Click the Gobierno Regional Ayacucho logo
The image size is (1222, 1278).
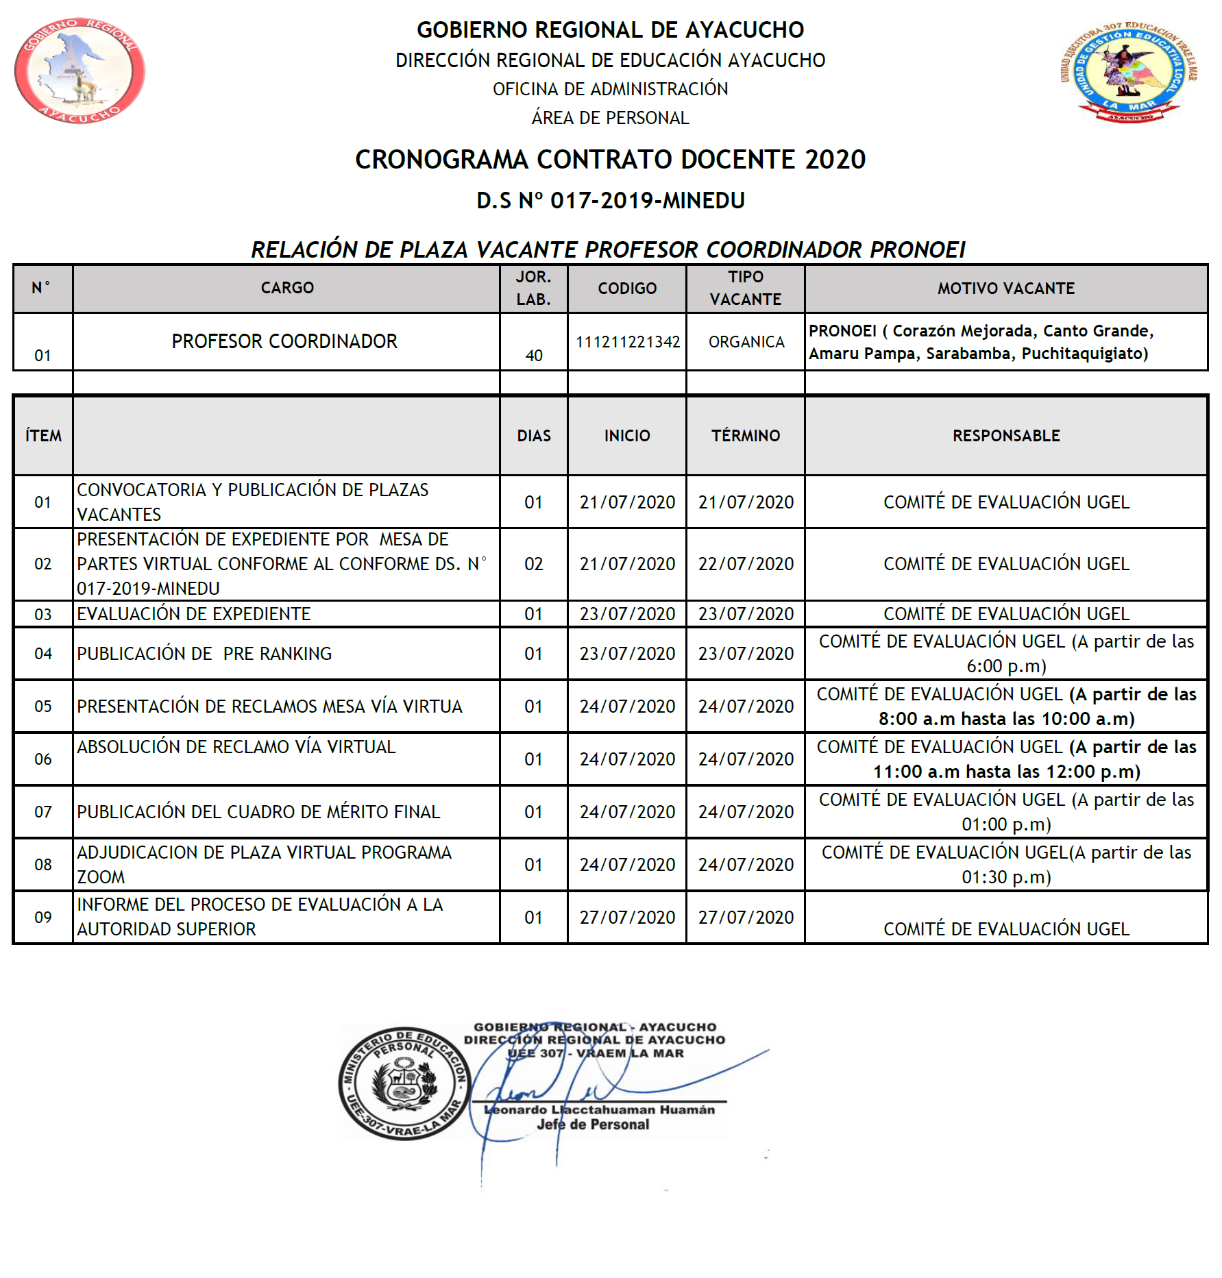click(x=80, y=71)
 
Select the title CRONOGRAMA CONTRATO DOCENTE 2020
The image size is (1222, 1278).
click(x=610, y=160)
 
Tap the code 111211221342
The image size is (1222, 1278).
click(x=627, y=342)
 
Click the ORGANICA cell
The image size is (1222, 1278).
click(x=746, y=342)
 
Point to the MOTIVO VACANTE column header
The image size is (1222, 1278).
click(x=1005, y=288)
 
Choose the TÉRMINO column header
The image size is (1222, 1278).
click(x=746, y=436)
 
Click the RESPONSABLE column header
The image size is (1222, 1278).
click(x=1005, y=436)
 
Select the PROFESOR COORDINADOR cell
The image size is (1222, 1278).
click(x=284, y=341)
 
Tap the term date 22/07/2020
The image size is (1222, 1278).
click(x=746, y=564)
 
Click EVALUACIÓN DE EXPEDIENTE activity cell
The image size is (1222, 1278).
click(x=194, y=614)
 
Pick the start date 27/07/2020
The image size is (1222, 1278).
click(x=627, y=918)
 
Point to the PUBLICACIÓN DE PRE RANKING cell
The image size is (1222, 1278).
click(x=204, y=654)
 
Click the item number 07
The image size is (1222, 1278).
click(x=43, y=812)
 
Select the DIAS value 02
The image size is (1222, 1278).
click(x=533, y=564)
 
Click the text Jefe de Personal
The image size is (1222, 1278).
click(x=593, y=1125)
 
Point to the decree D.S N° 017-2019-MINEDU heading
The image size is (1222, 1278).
click(x=610, y=201)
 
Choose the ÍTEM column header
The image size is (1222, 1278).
click(x=43, y=436)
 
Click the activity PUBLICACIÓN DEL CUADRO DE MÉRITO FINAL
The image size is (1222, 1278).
click(x=258, y=812)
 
